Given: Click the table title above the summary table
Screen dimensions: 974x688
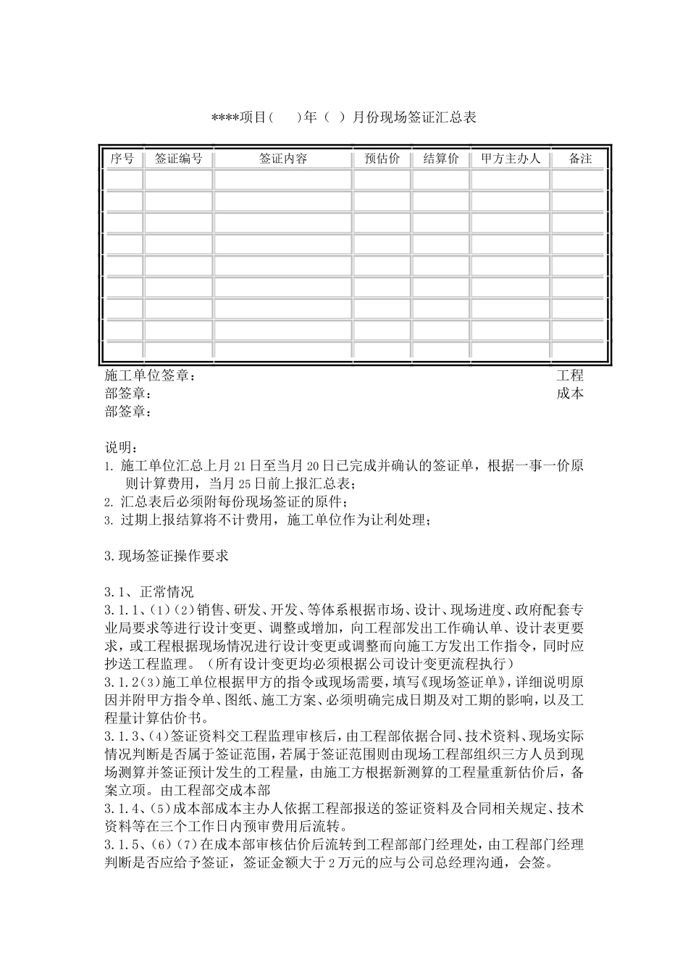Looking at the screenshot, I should [x=343, y=117].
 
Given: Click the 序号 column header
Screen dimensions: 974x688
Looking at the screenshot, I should [x=122, y=159].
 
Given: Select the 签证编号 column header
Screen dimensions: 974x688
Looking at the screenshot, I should [x=178, y=159].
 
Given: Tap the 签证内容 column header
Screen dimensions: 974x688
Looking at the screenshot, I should [x=283, y=159].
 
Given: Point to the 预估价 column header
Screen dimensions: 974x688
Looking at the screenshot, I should [x=382, y=159].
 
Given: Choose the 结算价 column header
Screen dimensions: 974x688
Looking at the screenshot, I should [x=440, y=159].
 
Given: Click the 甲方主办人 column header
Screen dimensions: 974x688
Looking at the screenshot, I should [x=511, y=159].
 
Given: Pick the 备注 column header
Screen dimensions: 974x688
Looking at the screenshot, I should [x=580, y=159].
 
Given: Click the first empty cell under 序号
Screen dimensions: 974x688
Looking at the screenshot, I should [x=124, y=180].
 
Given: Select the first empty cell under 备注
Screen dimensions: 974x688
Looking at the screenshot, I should [x=578, y=180].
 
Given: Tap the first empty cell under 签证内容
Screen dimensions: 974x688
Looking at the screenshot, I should [x=283, y=180].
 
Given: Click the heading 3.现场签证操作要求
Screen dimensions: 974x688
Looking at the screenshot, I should [x=167, y=556].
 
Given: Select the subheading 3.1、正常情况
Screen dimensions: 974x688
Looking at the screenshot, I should [x=149, y=592].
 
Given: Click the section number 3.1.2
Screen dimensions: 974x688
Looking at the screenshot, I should [x=120, y=682].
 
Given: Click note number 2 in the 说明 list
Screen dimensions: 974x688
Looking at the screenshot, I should [x=108, y=502].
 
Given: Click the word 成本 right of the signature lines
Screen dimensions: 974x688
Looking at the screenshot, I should [x=570, y=394].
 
